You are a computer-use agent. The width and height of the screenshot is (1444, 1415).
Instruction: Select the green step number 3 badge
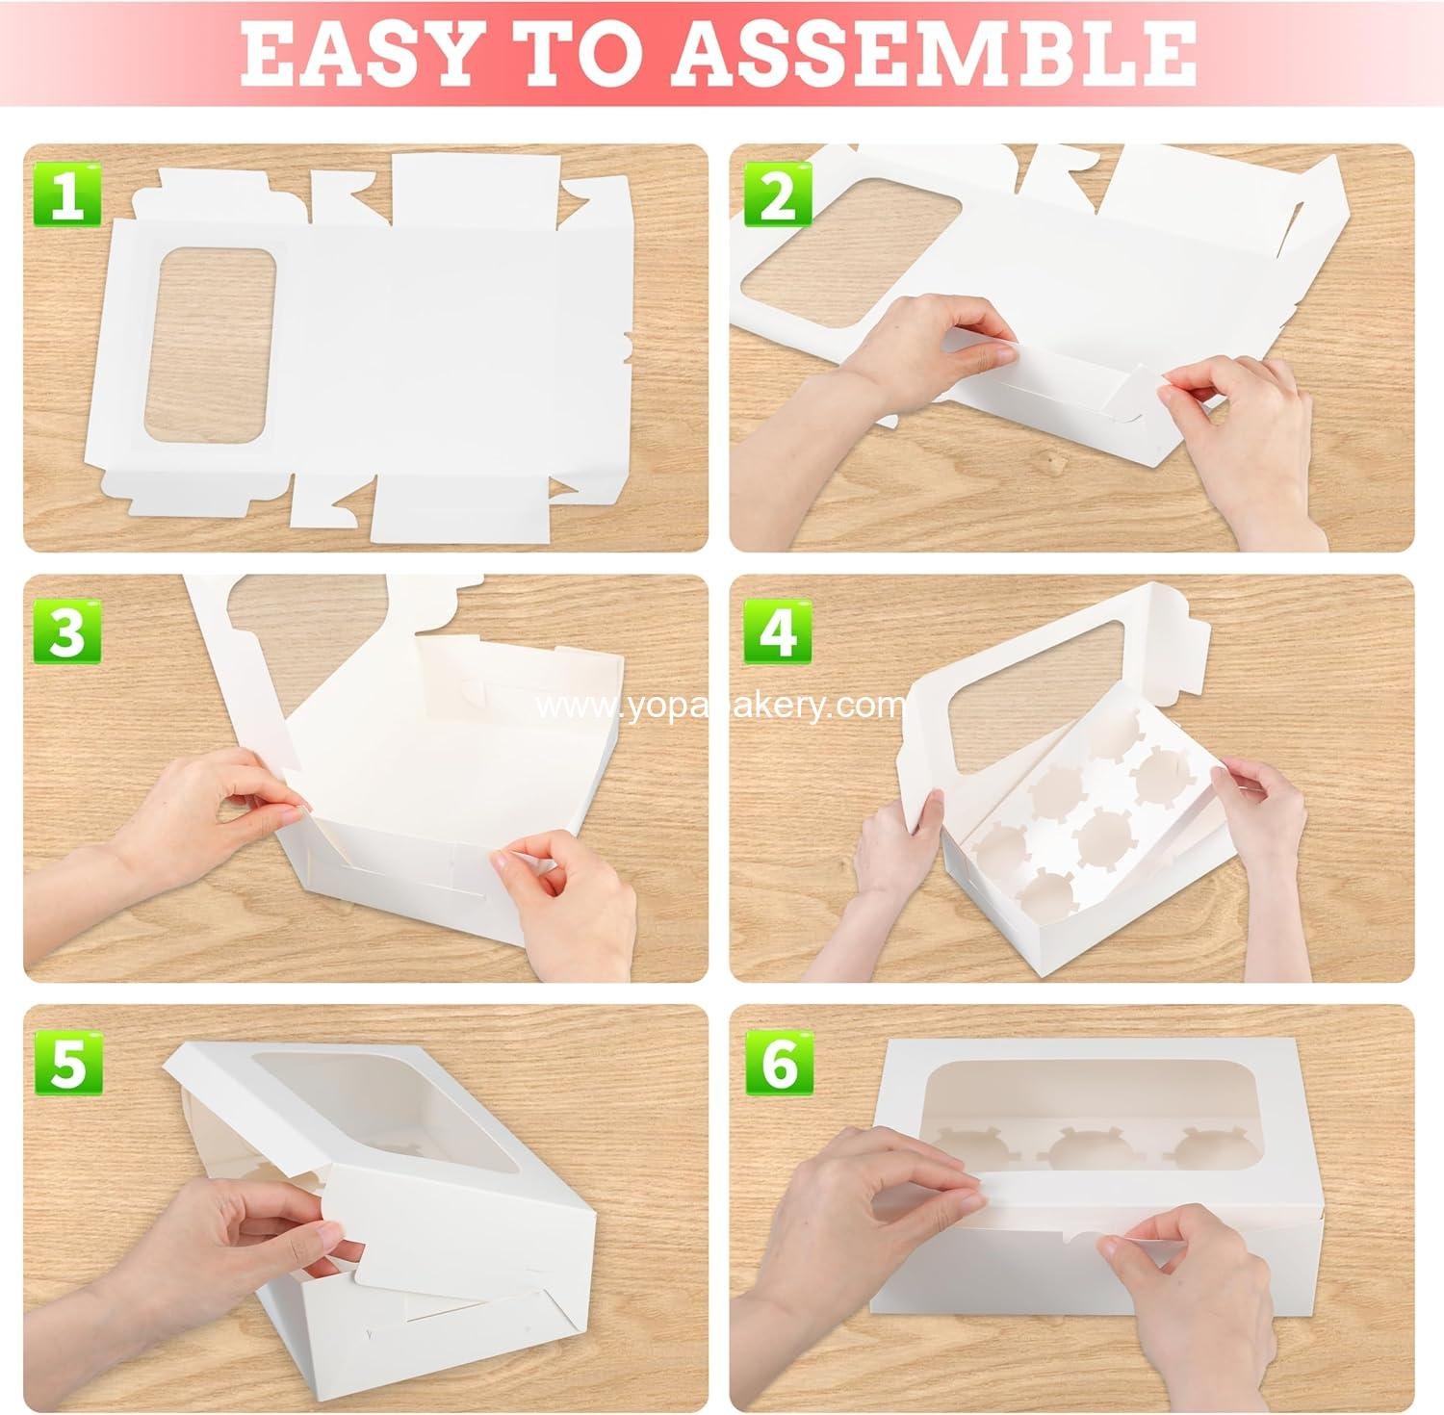click(66, 630)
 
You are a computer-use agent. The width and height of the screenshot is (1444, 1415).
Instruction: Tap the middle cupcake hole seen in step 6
click(1088, 1150)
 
